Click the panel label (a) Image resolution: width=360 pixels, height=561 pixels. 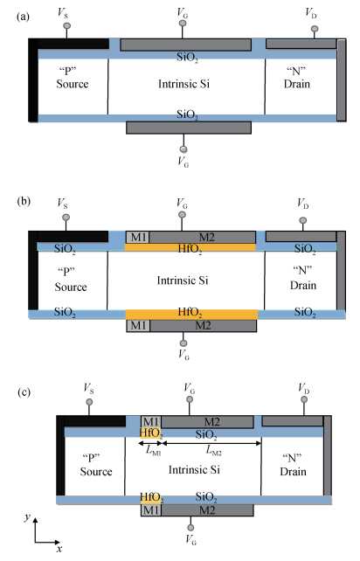point(23,17)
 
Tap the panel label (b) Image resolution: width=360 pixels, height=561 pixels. point(24,201)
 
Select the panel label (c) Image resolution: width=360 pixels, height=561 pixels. point(24,392)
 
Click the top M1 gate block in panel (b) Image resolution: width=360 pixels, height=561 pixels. point(138,237)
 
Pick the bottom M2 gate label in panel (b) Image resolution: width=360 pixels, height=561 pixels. point(203,326)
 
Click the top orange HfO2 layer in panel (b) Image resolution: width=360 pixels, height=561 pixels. point(190,247)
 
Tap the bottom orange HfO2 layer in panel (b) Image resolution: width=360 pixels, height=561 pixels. point(191,314)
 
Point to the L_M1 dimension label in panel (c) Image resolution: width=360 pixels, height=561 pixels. point(153,451)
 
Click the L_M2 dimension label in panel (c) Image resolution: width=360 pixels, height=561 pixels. point(213,451)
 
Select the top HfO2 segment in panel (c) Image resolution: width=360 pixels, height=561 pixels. point(151,433)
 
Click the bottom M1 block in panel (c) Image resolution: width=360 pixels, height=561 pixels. point(151,509)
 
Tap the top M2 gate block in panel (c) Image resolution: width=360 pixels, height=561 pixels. point(208,421)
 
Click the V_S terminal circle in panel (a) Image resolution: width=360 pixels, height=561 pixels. point(66,25)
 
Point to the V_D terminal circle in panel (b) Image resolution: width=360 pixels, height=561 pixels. point(302,220)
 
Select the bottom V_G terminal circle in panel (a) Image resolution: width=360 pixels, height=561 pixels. point(183,149)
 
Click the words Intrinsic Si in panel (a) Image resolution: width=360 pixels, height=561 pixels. point(184,84)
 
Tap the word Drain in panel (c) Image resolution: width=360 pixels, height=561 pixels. point(293,472)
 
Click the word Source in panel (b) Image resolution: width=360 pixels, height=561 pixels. point(71,287)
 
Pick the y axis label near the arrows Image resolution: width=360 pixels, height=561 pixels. point(27,516)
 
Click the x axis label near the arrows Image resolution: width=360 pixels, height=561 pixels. point(59,549)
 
